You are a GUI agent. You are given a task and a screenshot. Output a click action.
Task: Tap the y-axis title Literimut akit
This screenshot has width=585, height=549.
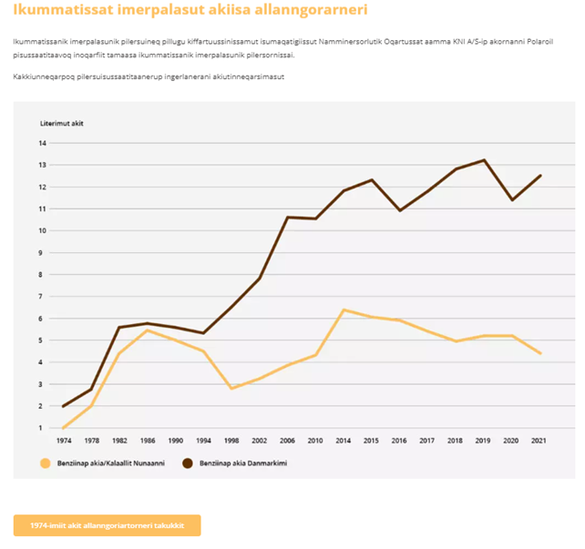pos(62,123)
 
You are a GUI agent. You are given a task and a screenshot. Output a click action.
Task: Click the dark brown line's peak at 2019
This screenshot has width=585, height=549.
pos(484,160)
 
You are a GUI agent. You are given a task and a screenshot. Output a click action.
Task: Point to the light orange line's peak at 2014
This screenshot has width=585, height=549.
pos(344,310)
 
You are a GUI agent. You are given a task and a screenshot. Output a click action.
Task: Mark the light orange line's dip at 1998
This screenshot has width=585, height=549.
pos(231,389)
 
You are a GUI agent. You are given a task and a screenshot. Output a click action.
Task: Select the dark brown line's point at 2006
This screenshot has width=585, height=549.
pos(288,218)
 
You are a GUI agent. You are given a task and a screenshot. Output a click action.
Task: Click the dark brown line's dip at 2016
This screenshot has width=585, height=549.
pos(399,210)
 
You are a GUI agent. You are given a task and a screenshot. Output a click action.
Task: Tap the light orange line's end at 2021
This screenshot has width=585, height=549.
pos(540,353)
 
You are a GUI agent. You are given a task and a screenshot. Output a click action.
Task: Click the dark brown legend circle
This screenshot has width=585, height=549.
pos(188,463)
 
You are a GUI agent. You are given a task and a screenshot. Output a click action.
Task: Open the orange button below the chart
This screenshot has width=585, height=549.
pos(107,525)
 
